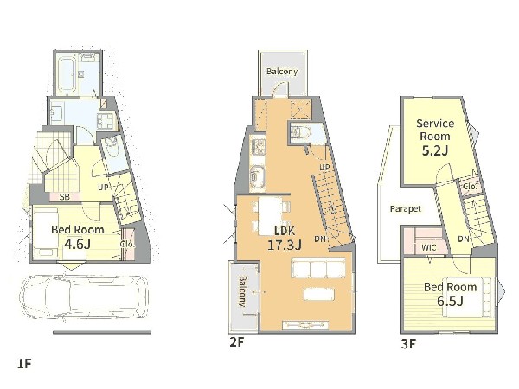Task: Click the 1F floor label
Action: tap(24, 364)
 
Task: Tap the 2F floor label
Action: tap(236, 342)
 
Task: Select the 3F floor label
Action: tap(408, 344)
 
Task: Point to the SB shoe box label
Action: tap(65, 197)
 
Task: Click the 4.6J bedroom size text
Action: tap(78, 244)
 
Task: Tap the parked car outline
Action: tap(85, 297)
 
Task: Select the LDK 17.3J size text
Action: tap(285, 246)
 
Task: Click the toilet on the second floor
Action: tap(300, 132)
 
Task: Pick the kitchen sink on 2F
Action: tap(257, 176)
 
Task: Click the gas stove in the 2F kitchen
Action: tap(258, 147)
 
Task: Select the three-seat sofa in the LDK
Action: tap(318, 269)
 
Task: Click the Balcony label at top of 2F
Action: tap(282, 72)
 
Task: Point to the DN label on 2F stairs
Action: tap(320, 239)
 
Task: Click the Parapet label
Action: tap(406, 209)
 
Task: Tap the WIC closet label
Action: tap(429, 247)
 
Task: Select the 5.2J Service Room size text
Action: tap(435, 150)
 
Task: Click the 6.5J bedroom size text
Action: tap(450, 301)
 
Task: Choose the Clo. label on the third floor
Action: tap(470, 187)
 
